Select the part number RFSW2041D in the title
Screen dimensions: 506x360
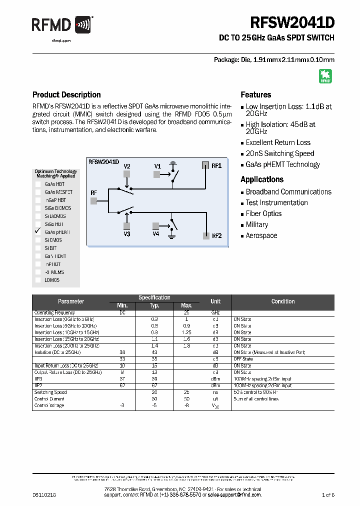[292, 23]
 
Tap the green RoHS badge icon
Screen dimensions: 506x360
[325, 76]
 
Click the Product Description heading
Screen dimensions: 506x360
[66, 94]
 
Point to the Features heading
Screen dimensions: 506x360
[256, 94]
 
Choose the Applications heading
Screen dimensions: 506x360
[262, 179]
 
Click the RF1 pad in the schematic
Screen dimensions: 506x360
[205, 165]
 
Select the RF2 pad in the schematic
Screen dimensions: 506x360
[205, 236]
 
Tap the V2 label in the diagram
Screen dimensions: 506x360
[127, 166]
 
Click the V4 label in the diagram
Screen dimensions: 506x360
[156, 233]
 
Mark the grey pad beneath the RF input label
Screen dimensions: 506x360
[93, 200]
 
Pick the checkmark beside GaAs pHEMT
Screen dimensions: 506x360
[37, 231]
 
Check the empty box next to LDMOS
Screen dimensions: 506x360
[38, 280]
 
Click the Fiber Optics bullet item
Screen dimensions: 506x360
[263, 213]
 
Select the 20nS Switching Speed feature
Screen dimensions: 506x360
[279, 153]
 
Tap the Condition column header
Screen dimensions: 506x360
[283, 301]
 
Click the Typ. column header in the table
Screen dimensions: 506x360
[154, 305]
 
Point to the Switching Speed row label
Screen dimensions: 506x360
[50, 392]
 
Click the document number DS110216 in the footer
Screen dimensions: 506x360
[44, 494]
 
